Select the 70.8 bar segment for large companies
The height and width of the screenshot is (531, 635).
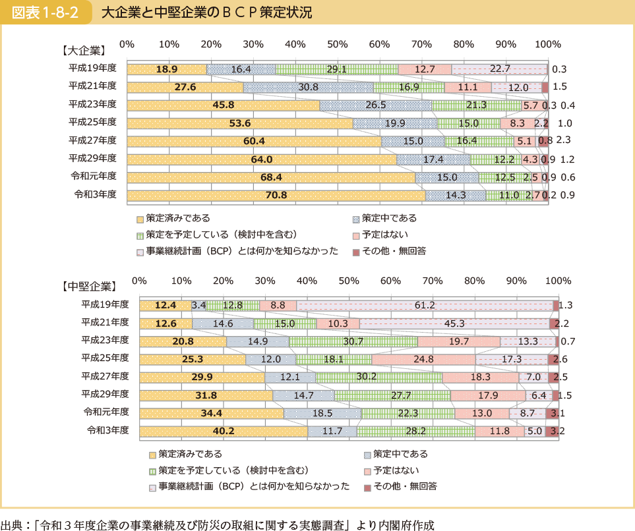276,195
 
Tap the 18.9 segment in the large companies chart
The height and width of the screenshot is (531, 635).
167,69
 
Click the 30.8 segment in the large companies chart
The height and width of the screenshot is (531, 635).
308,87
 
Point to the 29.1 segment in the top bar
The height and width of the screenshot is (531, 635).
336,69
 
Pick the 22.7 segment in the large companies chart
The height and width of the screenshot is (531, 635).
499,69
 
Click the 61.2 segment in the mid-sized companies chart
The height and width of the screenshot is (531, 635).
425,306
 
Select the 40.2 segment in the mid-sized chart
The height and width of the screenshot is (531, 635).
224,431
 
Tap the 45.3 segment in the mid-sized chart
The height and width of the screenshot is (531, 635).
454,323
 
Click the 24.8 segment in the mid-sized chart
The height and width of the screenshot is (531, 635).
424,359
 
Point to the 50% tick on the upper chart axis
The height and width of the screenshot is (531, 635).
337,44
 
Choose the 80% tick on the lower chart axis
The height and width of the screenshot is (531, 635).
475,281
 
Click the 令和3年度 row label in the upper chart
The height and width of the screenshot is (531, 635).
94,194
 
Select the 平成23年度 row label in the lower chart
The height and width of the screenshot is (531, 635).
105,340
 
